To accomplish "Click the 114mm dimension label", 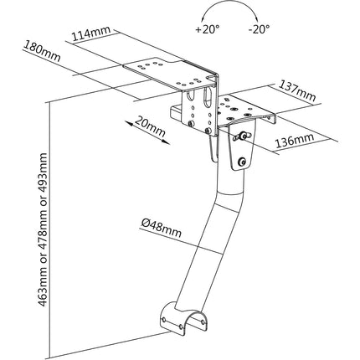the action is click(x=91, y=33).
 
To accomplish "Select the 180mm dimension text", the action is click(x=42, y=51).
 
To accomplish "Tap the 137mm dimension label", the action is click(x=297, y=90).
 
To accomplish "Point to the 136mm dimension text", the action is click(x=295, y=141).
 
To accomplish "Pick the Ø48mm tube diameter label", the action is click(x=161, y=228).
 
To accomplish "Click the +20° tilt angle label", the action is click(x=208, y=28).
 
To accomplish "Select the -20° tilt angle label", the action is click(x=260, y=28).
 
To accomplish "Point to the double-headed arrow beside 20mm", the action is click(x=147, y=133).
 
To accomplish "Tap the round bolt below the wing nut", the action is click(x=241, y=162).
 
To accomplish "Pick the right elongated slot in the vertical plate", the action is click(x=208, y=97).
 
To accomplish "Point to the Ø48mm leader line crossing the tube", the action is click(x=181, y=240).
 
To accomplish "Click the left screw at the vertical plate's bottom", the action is click(x=191, y=123).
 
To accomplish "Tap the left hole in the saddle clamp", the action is click(x=164, y=319).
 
